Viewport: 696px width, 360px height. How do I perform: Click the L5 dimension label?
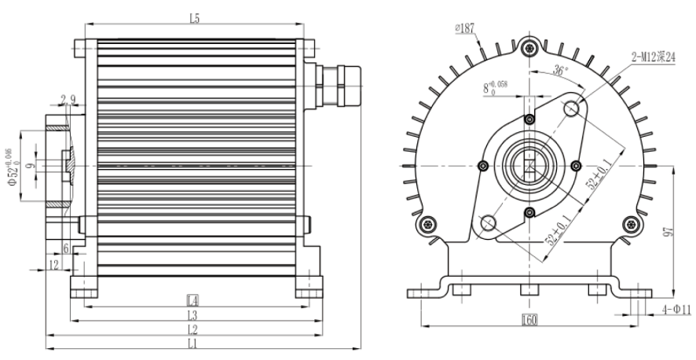[194, 20]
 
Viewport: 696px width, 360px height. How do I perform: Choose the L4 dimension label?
[192, 300]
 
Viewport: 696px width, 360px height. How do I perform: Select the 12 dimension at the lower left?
[53, 266]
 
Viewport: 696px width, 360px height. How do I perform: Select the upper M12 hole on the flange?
[573, 107]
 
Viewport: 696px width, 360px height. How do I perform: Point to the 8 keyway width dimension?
[496, 86]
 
